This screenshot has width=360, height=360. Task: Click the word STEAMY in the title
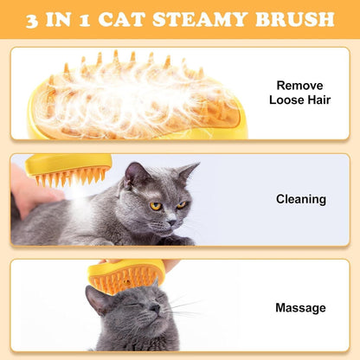coord(220,19)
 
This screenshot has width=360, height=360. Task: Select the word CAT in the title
coord(152,19)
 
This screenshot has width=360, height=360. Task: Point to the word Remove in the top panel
coord(300,86)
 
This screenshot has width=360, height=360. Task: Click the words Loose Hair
coord(300,100)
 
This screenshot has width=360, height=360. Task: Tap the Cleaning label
coord(300,199)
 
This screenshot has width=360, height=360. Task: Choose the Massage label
coord(300,307)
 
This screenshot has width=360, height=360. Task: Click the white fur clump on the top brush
coord(130,95)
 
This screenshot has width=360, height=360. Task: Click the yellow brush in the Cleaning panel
coord(69,168)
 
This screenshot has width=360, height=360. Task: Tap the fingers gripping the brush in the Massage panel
coord(169,265)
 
